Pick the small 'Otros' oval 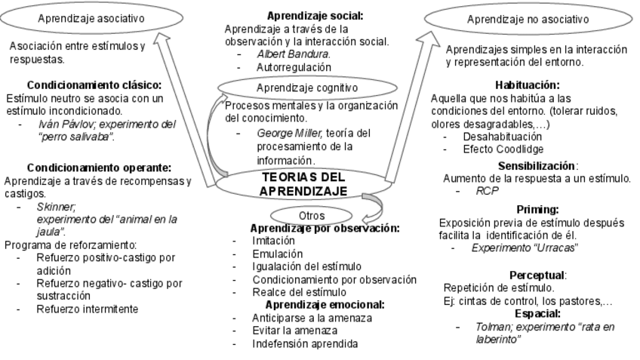311,216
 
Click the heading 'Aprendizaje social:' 315,15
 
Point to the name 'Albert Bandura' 294,54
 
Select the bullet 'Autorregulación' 294,66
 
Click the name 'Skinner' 55,205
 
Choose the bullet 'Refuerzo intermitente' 87,309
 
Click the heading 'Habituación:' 528,85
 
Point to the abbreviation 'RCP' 488,192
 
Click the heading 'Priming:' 537,209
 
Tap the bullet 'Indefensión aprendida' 305,344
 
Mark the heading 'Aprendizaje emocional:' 325,305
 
